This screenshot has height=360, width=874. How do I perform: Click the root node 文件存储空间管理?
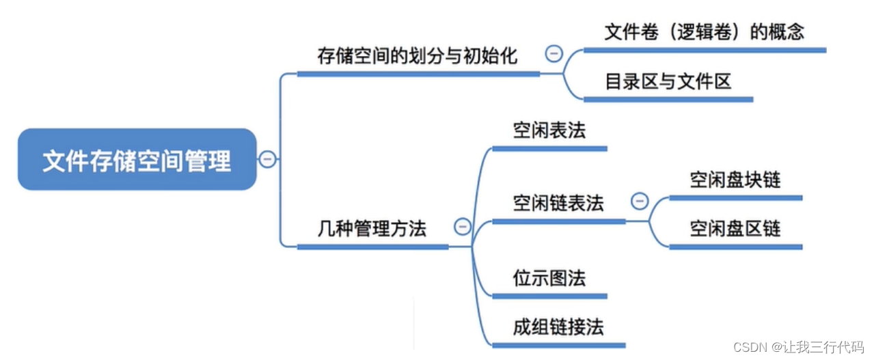click(137, 160)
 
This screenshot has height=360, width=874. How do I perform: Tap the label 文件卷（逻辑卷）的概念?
click(704, 32)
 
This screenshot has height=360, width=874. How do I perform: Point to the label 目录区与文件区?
click(668, 82)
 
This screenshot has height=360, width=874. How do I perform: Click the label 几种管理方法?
click(372, 229)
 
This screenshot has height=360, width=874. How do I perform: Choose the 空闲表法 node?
click(549, 130)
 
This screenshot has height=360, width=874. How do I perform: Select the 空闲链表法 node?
click(558, 203)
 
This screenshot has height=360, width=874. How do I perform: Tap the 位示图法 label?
click(549, 278)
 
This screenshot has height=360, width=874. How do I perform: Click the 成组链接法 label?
click(558, 327)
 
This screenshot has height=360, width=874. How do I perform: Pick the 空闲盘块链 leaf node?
click(735, 180)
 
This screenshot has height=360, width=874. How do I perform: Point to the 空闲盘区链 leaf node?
click(735, 229)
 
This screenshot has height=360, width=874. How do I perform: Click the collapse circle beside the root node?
click(267, 160)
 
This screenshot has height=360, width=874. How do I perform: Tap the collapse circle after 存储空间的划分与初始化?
click(554, 54)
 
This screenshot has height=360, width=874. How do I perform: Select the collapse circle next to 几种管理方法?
click(463, 227)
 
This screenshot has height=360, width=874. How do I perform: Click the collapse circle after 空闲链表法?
click(640, 201)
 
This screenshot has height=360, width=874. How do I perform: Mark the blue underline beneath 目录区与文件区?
click(668, 100)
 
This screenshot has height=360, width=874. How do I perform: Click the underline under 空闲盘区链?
click(735, 247)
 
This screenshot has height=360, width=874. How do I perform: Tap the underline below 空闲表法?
click(549, 148)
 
